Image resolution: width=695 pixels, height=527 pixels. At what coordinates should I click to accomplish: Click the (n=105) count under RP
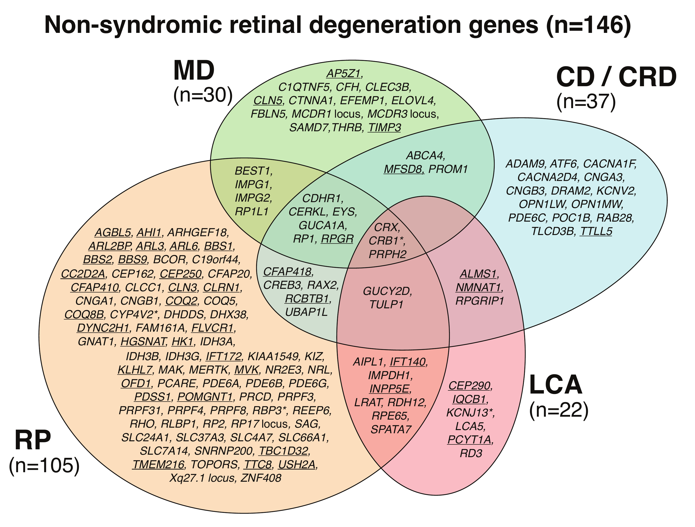point(44,465)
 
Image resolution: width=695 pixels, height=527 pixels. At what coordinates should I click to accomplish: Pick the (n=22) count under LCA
point(559,410)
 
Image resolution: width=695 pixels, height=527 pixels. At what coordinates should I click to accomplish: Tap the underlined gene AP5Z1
point(343,73)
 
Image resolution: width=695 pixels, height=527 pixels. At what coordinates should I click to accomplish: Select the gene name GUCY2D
point(387,291)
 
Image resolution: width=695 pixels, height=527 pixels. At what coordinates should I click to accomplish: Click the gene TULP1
point(386,304)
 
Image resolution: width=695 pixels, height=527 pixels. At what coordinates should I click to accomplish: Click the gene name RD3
point(471,453)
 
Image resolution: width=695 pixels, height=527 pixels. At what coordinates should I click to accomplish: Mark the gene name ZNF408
point(261,478)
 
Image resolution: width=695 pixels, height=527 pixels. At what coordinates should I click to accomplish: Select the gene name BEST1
point(253,171)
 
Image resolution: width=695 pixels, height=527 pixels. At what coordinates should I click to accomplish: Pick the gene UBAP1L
point(306,312)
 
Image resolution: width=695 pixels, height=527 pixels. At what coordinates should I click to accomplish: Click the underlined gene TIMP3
point(385,127)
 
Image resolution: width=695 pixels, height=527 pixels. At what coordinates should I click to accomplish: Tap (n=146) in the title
point(588,25)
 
